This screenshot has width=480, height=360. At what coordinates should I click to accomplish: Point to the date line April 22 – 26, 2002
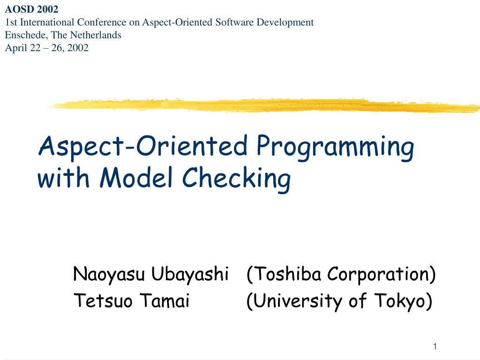tap(46, 47)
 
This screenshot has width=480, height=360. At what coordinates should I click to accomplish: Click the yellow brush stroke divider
tap(262, 105)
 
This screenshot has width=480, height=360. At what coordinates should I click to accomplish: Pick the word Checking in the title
tap(236, 179)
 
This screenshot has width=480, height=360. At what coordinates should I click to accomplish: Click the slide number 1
tap(435, 346)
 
